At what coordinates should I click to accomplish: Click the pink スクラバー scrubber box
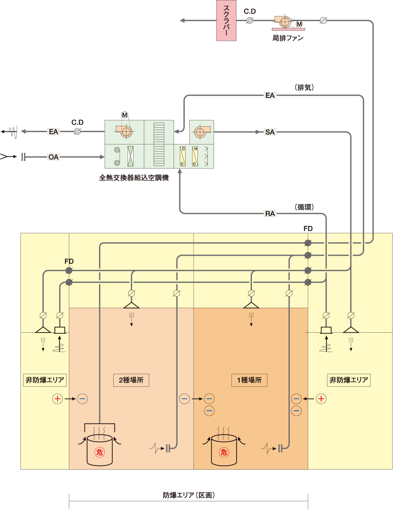tap(226, 21)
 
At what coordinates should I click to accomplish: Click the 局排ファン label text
tap(288, 38)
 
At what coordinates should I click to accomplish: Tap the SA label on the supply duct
tap(270, 132)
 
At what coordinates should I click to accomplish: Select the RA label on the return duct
tap(270, 214)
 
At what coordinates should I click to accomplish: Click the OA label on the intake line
tap(53, 157)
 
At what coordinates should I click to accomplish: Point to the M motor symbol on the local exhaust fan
tap(299, 24)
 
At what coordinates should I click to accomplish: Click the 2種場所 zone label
tap(131, 380)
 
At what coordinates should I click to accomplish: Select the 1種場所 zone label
tap(249, 380)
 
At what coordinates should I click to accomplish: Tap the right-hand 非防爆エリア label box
tap(349, 380)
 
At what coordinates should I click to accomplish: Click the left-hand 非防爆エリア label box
tap(45, 380)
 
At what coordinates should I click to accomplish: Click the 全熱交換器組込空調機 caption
tap(134, 178)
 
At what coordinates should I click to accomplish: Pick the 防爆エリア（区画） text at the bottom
tap(189, 495)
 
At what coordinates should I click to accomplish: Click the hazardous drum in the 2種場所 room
tap(100, 450)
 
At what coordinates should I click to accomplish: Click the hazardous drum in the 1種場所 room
tap(224, 450)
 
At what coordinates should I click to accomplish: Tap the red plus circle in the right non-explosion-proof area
tap(321, 399)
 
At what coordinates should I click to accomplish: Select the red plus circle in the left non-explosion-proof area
tap(57, 399)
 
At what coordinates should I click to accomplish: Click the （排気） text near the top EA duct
tap(304, 88)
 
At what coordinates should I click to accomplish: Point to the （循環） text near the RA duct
tap(304, 207)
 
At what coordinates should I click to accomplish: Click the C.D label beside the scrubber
tap(250, 12)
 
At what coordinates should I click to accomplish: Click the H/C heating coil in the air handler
tap(195, 156)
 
